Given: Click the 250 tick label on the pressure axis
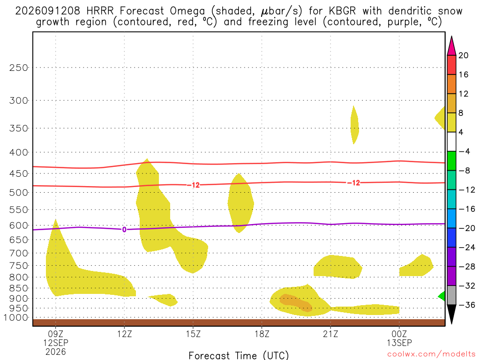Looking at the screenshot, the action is [x=19, y=67].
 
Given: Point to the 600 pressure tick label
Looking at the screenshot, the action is [x=19, y=225].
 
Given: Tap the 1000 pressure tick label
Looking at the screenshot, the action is [x=16, y=318].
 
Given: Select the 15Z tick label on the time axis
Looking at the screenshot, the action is [x=193, y=334].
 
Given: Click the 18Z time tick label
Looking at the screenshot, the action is [x=262, y=334].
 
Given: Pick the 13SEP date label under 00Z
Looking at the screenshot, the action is [x=399, y=343].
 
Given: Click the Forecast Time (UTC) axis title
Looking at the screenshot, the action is [x=239, y=355].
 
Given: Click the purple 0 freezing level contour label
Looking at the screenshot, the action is [x=124, y=230].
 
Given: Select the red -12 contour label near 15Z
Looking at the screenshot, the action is [x=194, y=185].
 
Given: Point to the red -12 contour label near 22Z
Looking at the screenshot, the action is [x=354, y=183].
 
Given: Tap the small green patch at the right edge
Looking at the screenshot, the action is [x=442, y=296].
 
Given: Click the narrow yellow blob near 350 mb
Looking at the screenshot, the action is [x=354, y=125].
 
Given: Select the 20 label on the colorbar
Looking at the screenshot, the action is [x=464, y=55].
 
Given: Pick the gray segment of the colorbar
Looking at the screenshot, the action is [x=451, y=295].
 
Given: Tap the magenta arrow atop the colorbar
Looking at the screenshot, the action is [x=451, y=46].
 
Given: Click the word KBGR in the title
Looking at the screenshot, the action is [x=342, y=11].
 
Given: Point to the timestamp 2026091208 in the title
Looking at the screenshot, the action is [x=47, y=11].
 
